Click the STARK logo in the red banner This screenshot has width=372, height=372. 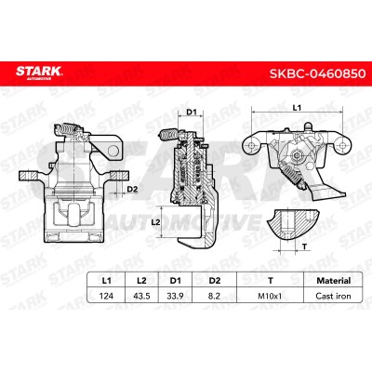click(x=39, y=73)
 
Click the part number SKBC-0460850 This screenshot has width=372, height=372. click(x=317, y=74)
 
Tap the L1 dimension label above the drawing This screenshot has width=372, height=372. click(x=297, y=108)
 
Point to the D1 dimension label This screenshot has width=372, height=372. click(x=191, y=112)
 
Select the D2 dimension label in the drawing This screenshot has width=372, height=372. click(x=132, y=189)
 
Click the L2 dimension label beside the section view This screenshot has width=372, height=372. click(x=156, y=222)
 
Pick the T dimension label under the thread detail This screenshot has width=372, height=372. click(x=305, y=246)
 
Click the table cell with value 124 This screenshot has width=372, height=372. click(x=106, y=296)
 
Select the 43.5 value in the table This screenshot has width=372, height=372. click(x=141, y=296)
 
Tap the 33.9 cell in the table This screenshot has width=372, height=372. click(x=175, y=296)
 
